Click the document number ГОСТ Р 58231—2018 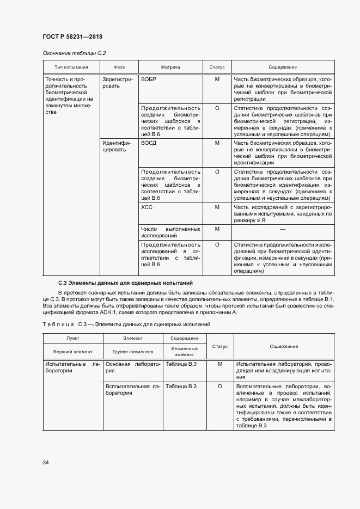click(x=72, y=36)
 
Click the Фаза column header click(x=119, y=67)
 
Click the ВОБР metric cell click(x=148, y=79)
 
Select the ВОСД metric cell click(x=148, y=143)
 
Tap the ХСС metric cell click(x=147, y=207)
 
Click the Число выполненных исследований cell click(x=170, y=232)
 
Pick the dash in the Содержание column click(x=282, y=229)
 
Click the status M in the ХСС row click(x=217, y=207)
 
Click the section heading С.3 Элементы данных click(x=126, y=283)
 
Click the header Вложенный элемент click(x=180, y=351)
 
